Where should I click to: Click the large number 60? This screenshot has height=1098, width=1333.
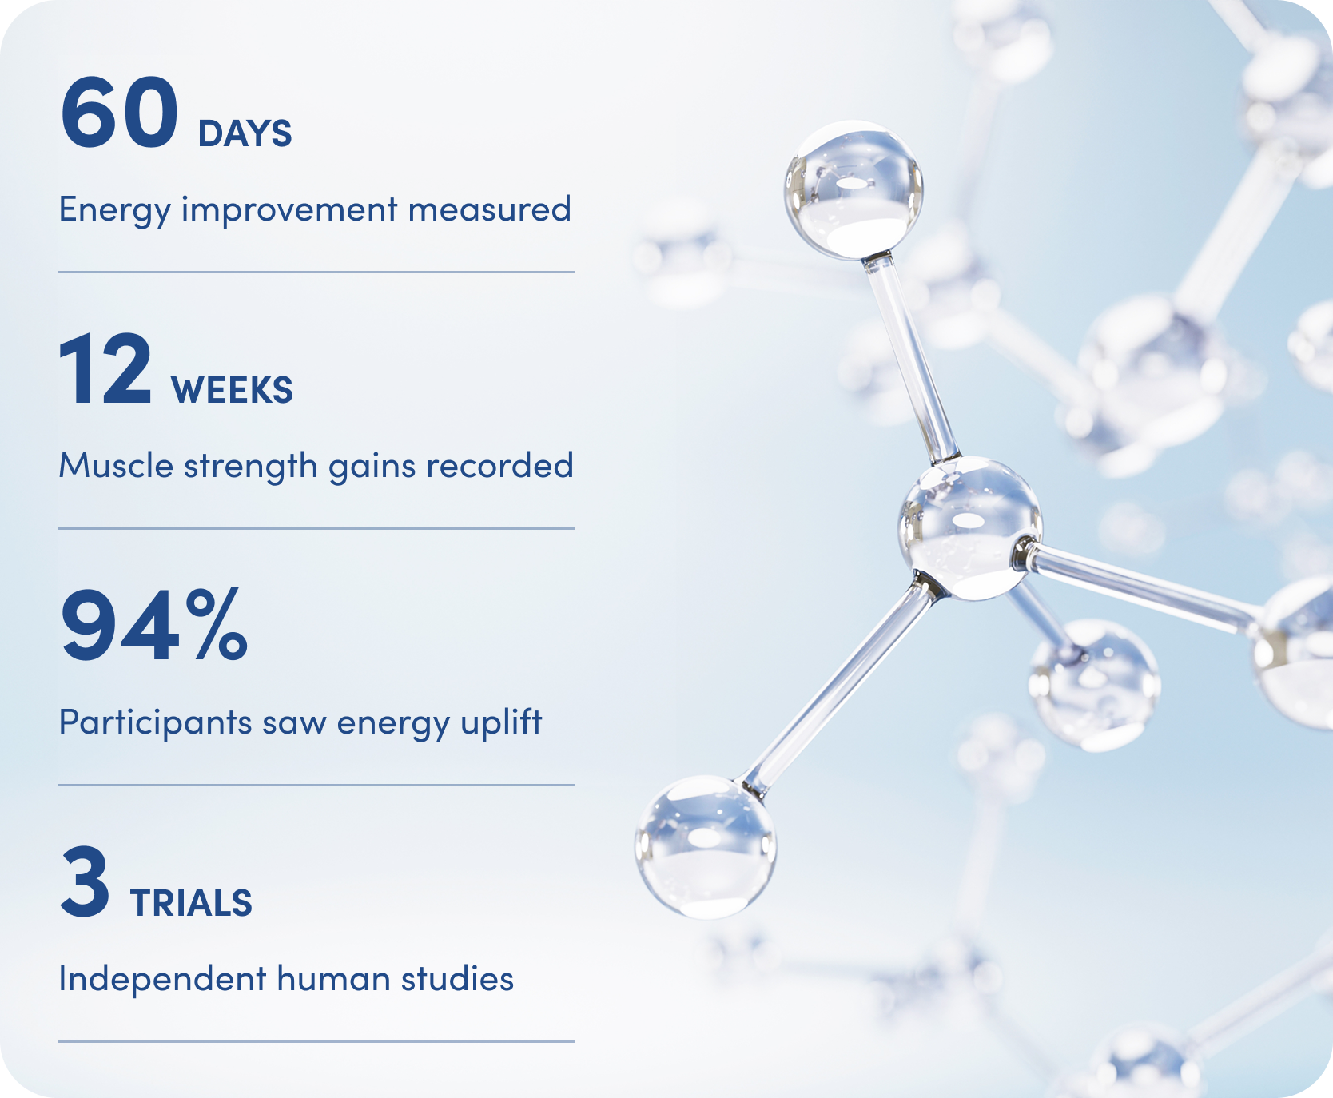[x=119, y=112]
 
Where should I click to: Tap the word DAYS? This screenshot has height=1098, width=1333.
[x=245, y=133]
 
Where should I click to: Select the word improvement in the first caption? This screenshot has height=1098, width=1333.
[x=289, y=210]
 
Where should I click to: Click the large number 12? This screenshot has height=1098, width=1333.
[x=105, y=369]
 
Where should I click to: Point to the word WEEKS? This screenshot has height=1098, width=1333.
[x=232, y=390]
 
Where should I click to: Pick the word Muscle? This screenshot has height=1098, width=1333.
[x=116, y=465]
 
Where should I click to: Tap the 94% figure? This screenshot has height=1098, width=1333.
[x=154, y=624]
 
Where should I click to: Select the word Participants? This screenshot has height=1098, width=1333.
[x=156, y=723]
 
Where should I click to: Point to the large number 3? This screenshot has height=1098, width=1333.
[x=85, y=881]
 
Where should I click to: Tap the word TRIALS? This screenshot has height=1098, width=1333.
[x=191, y=903]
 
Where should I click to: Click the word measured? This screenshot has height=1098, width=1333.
[x=490, y=209]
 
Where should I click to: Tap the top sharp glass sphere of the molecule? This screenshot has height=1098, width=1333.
[x=854, y=190]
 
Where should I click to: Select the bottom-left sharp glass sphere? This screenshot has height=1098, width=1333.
[x=705, y=846]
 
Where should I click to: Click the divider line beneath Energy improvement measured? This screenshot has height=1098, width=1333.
[x=316, y=272]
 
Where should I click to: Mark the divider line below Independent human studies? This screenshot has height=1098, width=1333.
[x=316, y=1041]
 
